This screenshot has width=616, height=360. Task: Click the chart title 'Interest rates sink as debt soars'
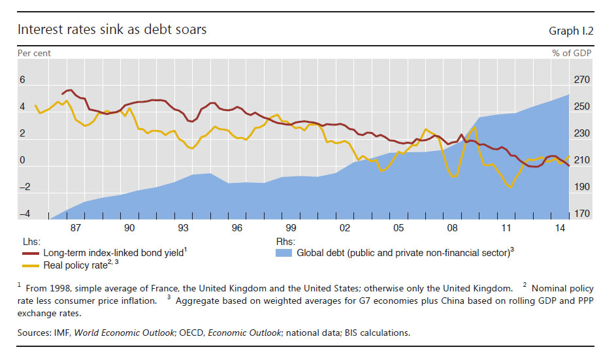[112, 30]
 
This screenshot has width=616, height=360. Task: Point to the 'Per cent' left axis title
[34, 53]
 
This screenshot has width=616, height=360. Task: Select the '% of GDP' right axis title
[572, 53]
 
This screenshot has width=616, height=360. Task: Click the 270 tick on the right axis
[581, 80]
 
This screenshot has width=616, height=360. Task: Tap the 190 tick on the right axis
[581, 187]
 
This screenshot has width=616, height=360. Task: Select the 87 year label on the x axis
[76, 227]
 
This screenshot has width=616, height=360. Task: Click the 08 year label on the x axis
[452, 227]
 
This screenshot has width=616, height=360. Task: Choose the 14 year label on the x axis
[560, 227]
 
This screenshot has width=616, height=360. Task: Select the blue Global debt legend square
[284, 252]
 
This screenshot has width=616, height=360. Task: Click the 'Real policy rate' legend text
[76, 265]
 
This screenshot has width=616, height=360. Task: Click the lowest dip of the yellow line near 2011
[510, 187]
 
